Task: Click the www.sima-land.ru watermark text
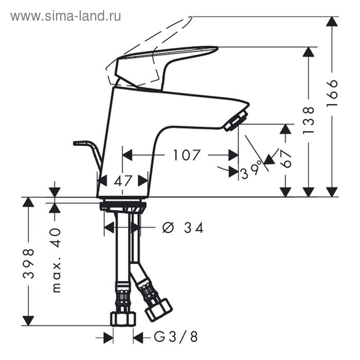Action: point(66,16)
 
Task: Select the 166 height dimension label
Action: point(333,94)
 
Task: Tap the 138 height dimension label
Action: point(309,120)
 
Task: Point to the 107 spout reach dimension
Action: point(186,154)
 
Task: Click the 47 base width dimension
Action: point(123,181)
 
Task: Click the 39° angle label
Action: point(251,169)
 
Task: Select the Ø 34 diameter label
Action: point(183,227)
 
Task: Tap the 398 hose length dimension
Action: point(29,263)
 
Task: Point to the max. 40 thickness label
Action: point(56,260)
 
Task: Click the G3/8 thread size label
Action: point(175,337)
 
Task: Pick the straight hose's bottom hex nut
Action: point(123,318)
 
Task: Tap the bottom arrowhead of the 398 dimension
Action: point(29,320)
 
